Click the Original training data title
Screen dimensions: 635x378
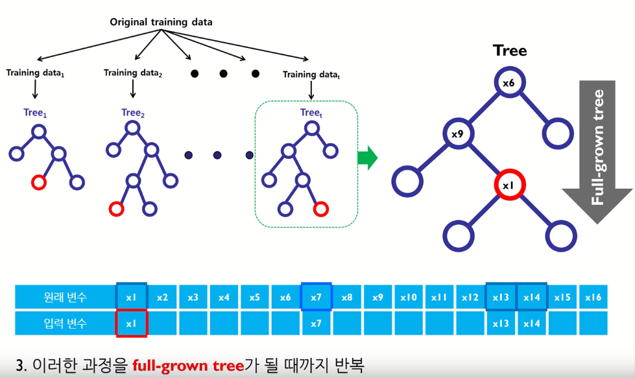[x=161, y=22]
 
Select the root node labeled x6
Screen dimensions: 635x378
[x=509, y=83]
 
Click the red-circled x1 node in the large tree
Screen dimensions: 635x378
[x=509, y=185]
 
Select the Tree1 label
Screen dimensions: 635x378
[x=36, y=113]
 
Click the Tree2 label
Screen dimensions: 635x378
[x=133, y=113]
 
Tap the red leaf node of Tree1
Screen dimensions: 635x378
[x=38, y=182]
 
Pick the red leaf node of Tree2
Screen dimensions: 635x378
[x=117, y=209]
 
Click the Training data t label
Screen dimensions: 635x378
[x=311, y=75]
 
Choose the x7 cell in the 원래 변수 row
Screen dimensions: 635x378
[x=316, y=298]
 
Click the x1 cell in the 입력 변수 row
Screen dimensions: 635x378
[x=132, y=324]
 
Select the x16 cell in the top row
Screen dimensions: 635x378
[x=593, y=298]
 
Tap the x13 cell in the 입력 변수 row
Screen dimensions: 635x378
[x=501, y=324]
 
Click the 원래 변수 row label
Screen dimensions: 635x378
[x=64, y=298]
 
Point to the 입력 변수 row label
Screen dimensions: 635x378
[x=64, y=324]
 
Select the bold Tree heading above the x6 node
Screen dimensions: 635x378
[x=510, y=51]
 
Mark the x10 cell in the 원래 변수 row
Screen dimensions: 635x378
[x=408, y=298]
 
